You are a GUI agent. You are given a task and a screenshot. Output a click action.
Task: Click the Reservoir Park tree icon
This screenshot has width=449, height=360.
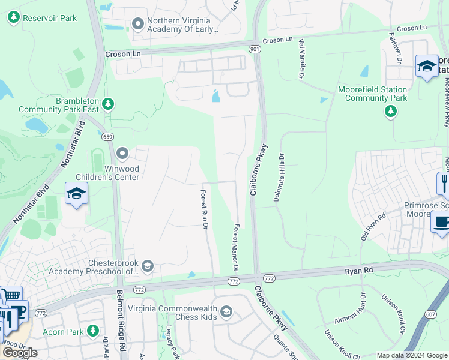coord(14,18)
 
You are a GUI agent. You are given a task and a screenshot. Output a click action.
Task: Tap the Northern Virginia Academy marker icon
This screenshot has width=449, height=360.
coord(138,24)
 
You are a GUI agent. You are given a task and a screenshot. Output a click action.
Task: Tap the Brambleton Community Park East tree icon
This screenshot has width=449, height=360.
coord(108,105)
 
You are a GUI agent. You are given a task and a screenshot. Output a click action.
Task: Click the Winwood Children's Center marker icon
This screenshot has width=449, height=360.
coord(122,154)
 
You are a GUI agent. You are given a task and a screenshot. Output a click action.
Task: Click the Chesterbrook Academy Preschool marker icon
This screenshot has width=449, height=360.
coord(148,266)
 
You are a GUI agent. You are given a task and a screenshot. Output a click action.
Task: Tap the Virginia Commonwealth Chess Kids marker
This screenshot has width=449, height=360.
coord(226,311)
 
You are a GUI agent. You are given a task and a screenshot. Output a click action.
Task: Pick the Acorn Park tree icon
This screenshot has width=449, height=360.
coord(92,331)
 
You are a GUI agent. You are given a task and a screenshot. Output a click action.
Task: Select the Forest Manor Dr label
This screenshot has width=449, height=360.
coord(237,247)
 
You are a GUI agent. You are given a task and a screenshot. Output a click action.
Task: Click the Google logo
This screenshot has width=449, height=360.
coord(20,352)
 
